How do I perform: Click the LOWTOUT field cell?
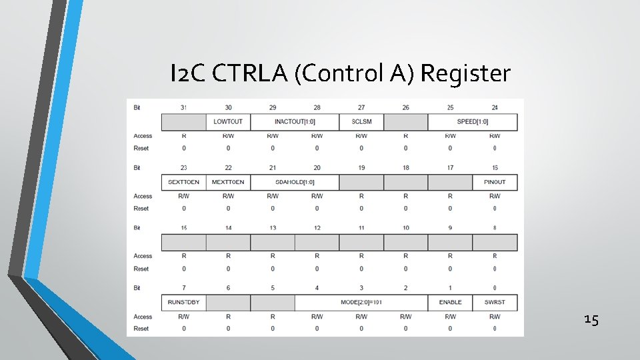click(x=228, y=122)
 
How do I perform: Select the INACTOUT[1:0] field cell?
click(x=295, y=122)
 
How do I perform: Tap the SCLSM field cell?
click(x=361, y=122)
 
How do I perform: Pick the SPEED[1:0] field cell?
click(x=473, y=122)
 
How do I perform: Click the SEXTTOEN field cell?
click(x=183, y=182)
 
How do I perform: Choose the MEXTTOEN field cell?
click(x=228, y=182)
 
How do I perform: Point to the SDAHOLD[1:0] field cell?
click(x=295, y=182)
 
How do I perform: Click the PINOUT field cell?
click(x=495, y=182)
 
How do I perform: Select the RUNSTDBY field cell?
click(x=183, y=303)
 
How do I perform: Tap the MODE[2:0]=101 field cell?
click(x=361, y=303)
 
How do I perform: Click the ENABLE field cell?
click(x=450, y=303)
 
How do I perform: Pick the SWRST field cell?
click(x=495, y=303)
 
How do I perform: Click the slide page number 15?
click(x=591, y=320)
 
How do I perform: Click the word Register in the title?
click(x=465, y=73)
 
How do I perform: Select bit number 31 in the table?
click(x=183, y=107)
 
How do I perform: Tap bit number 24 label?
click(x=495, y=107)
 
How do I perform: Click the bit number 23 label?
click(x=183, y=167)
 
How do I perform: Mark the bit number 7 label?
click(x=183, y=288)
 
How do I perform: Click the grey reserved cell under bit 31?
click(x=183, y=122)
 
